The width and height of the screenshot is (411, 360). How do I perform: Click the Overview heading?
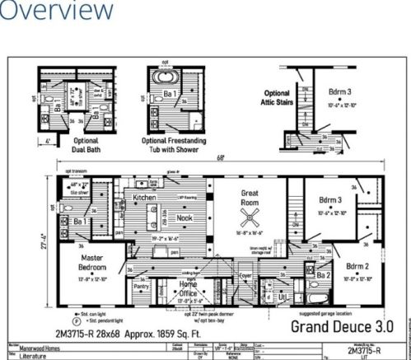point(56,12)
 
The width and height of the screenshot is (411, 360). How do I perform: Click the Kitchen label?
point(145,199)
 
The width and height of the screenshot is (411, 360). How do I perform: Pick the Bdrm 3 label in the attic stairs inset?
point(338,93)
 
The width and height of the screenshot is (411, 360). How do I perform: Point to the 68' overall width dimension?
point(220,158)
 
